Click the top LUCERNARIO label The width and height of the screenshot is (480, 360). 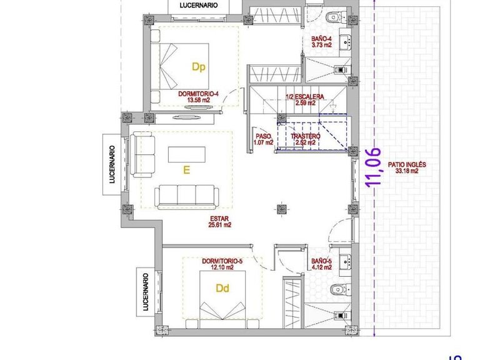[198, 5]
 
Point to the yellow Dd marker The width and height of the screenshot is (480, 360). [222, 289]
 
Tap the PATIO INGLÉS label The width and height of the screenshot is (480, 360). [406, 165]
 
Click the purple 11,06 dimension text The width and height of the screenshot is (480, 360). [374, 167]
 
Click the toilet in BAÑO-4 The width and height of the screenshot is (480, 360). [332, 15]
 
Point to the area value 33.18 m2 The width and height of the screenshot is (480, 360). [406, 172]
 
